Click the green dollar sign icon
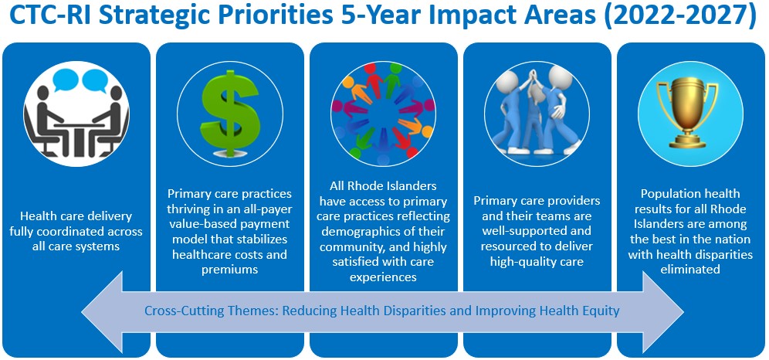click(230, 114)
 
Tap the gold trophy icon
click(690, 112)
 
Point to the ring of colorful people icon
click(383, 114)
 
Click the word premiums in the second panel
click(229, 270)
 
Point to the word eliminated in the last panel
click(690, 269)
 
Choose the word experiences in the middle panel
click(383, 277)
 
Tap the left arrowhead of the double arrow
click(101, 311)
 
